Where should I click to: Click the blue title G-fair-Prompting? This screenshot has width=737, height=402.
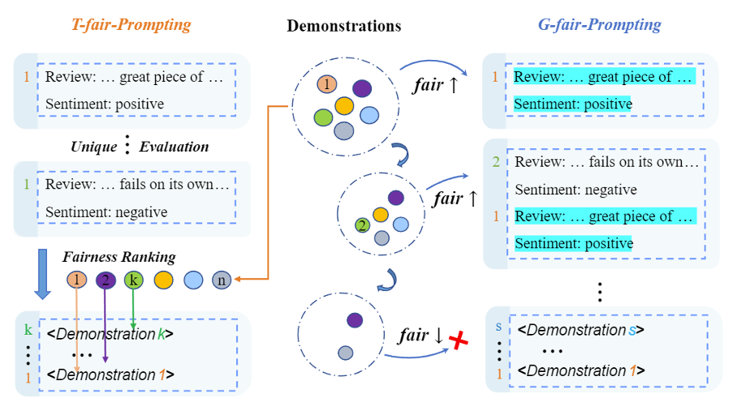click(599, 24)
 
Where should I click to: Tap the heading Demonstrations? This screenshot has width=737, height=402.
click(343, 26)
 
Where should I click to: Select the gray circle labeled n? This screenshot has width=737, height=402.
click(221, 280)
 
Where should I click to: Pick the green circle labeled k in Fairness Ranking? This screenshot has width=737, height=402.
click(133, 280)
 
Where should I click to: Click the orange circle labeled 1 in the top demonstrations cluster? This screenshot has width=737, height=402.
click(325, 84)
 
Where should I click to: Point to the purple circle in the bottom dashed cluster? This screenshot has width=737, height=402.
click(354, 320)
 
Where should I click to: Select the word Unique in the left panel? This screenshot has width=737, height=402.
click(93, 147)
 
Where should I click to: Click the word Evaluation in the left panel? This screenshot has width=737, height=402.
click(174, 147)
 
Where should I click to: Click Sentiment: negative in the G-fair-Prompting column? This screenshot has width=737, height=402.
click(575, 190)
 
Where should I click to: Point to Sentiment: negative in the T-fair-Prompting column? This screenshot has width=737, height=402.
click(106, 212)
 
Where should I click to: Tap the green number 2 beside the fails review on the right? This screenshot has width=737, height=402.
click(497, 162)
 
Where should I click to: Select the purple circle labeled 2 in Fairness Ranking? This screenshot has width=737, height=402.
click(106, 280)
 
